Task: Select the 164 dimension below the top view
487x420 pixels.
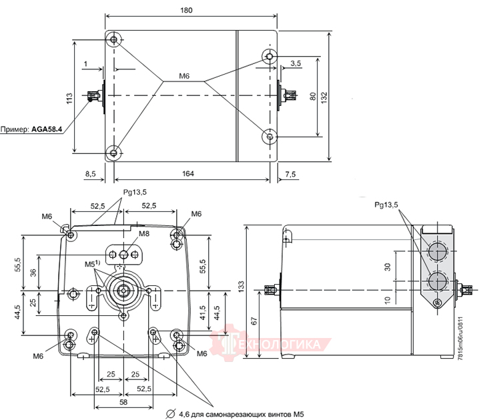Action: (x=188, y=174)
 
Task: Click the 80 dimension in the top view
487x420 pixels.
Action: (x=312, y=96)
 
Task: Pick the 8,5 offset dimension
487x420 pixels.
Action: (x=91, y=174)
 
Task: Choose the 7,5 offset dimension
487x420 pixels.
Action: (x=290, y=174)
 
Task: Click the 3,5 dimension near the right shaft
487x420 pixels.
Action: (x=296, y=63)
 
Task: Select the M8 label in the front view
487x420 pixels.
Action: (x=144, y=234)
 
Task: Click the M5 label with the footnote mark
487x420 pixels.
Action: (x=92, y=265)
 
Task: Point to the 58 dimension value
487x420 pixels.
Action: (x=123, y=403)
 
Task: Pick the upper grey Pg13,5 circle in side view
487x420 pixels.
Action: (x=436, y=251)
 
